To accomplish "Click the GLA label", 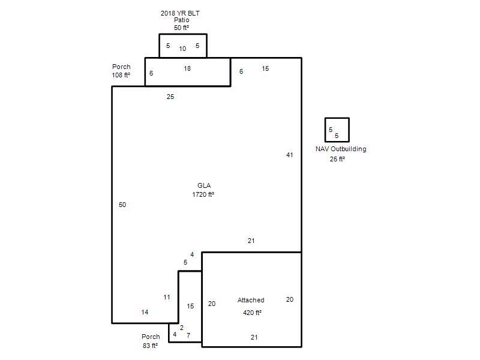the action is [204, 185].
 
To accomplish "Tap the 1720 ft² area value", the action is [203, 194].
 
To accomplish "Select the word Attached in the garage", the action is [251, 300].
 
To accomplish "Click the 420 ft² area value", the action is [252, 313].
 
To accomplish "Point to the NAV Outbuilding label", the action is [341, 149].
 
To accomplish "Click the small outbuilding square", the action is [337, 118].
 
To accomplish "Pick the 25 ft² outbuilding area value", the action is [337, 159].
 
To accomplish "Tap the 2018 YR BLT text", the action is [180, 13].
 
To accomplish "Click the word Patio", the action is [182, 20].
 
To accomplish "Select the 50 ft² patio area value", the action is [182, 28].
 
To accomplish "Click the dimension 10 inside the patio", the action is [182, 49].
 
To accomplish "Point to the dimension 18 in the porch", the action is [187, 68].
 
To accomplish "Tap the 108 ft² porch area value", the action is [121, 74].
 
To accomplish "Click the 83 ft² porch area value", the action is [151, 346].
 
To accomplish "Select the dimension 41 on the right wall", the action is [290, 155].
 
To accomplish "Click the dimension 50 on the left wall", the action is [122, 205].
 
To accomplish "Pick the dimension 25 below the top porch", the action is [170, 97].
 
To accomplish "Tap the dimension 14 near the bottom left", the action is [145, 312].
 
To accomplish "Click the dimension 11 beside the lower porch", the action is [167, 297].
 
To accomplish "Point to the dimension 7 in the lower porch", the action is [188, 335].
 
